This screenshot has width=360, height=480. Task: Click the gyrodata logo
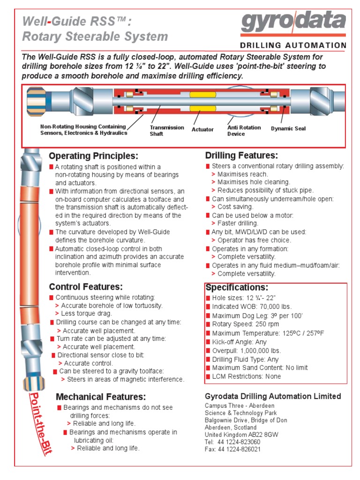point(293,24)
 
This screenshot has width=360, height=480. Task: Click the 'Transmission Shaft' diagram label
point(160,131)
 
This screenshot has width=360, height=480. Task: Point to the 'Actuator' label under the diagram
point(202,129)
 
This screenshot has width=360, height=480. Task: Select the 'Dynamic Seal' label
point(288,128)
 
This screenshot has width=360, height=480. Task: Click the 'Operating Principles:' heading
point(94,156)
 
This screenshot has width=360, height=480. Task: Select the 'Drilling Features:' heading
point(241,155)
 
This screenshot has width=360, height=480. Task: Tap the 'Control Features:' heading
point(86,286)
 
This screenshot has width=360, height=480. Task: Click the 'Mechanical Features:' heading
point(101,397)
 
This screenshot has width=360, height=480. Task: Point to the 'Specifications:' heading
point(237,287)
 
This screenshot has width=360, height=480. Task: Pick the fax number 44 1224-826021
point(232,449)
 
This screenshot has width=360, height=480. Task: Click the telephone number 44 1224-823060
point(232,442)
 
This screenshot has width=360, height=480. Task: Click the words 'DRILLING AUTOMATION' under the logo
point(293,45)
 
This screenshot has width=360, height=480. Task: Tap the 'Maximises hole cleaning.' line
point(254,182)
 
